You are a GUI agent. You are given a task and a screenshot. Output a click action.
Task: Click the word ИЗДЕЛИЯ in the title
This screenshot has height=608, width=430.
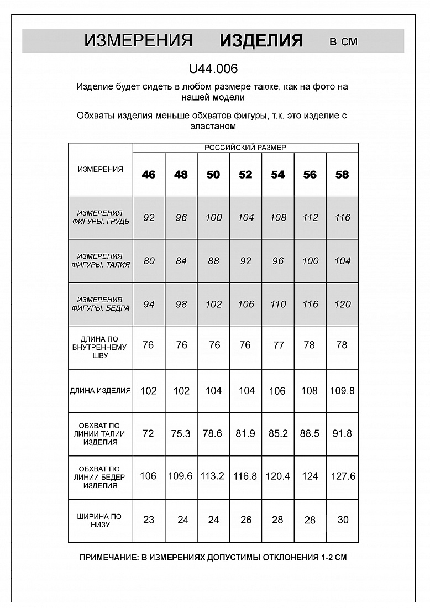[261, 41]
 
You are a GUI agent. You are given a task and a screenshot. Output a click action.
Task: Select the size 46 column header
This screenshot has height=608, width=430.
[149, 175]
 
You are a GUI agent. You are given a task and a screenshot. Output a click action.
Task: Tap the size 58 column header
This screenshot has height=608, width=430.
[342, 175]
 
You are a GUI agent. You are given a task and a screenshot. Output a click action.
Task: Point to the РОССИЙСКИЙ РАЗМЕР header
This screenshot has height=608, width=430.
[245, 148]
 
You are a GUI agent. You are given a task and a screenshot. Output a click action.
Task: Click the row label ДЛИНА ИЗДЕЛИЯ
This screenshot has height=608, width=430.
[101, 390]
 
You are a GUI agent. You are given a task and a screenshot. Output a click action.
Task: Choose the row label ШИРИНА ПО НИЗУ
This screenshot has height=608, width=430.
[101, 520]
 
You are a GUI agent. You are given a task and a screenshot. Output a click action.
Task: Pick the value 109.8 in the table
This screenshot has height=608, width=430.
[342, 391]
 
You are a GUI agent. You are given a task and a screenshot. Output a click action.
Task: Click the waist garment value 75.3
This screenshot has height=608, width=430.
[181, 434]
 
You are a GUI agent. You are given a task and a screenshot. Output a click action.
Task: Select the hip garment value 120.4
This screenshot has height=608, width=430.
[277, 476]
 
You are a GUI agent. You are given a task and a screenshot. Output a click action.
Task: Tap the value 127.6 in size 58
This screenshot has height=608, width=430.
[343, 476]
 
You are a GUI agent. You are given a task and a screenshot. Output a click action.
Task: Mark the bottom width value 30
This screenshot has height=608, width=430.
[343, 520]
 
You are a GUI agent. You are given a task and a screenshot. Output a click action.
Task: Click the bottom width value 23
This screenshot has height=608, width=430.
[149, 520]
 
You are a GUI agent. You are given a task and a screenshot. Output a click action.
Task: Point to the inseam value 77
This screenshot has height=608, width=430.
[278, 345]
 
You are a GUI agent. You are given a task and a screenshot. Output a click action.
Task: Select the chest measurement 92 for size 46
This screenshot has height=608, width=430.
[149, 218]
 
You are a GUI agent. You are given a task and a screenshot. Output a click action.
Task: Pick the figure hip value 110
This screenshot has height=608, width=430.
[278, 304]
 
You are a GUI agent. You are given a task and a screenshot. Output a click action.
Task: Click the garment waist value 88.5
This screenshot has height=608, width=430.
[310, 434]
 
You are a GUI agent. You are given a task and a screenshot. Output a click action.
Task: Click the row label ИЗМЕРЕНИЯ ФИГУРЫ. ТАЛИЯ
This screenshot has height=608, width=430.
[101, 260]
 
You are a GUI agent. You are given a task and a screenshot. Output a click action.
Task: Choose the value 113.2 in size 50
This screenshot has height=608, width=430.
[213, 476]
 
